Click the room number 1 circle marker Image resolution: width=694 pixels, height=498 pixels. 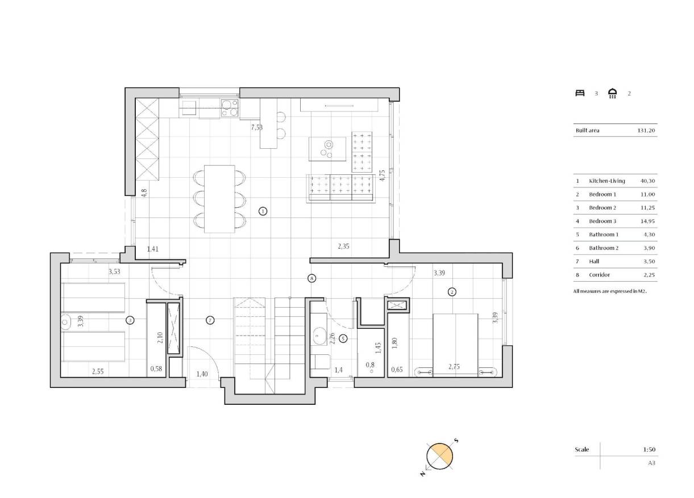click(263, 211)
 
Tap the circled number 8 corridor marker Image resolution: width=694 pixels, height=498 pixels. click(311, 278)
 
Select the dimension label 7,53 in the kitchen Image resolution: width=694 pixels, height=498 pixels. click(257, 128)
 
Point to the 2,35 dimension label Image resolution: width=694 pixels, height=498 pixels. click(344, 246)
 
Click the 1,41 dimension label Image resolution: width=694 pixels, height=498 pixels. click(152, 249)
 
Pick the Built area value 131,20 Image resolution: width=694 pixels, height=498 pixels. click(647, 131)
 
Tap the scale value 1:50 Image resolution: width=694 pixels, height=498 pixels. click(650, 449)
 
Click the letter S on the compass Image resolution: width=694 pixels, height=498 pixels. click(456, 441)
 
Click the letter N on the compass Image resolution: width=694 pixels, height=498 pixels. click(423, 472)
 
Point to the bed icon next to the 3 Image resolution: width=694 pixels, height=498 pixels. click(580, 93)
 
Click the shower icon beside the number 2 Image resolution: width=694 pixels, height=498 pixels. click(612, 93)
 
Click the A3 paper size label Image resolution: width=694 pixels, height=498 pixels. click(652, 463)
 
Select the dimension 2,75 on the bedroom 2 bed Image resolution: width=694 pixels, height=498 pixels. click(454, 367)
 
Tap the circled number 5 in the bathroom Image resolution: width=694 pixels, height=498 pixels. click(343, 339)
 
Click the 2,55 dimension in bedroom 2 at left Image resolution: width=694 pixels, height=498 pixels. click(98, 371)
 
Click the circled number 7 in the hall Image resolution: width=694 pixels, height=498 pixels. click(210, 320)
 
